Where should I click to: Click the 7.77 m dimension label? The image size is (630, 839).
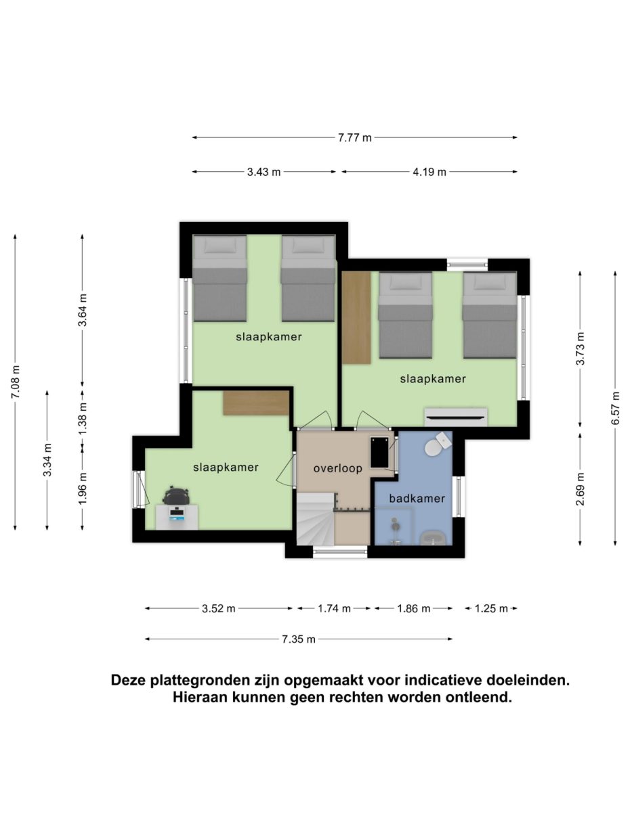pos(355,138)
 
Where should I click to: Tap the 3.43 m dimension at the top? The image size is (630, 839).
pos(264,172)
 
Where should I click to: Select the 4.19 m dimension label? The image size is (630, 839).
pos(429,172)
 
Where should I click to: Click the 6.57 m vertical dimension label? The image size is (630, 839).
pos(615,408)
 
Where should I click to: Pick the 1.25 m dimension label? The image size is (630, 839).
pos(491,608)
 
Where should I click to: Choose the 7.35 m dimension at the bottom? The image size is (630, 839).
pos(299,639)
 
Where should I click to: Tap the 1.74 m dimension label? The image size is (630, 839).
pos(334,608)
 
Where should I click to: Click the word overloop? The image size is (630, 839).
pos(337,468)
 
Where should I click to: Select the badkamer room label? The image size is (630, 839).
pos(417,499)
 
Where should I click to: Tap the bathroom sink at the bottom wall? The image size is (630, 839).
pos(433,538)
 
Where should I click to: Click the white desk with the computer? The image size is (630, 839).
pos(177,517)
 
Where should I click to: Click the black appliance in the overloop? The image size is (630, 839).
pos(379,451)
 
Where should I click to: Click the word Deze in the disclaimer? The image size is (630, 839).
pos(129,680)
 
